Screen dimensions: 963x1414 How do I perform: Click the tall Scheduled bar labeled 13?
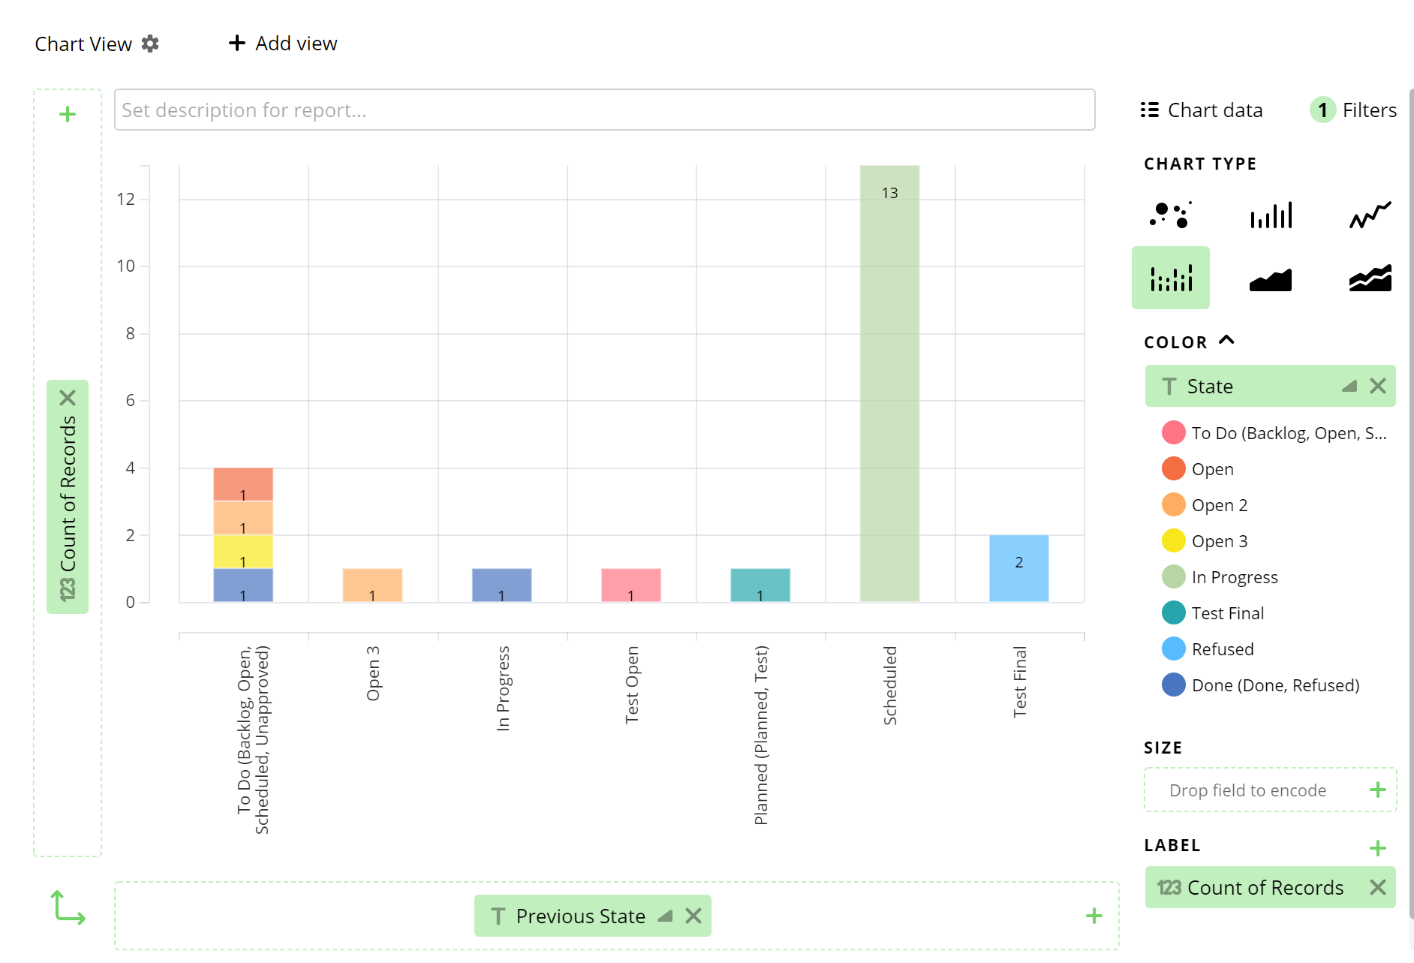click(889, 383)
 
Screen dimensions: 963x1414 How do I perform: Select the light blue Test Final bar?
click(1018, 568)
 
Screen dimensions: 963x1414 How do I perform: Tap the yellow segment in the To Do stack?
click(243, 551)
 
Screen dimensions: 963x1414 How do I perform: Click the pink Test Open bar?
click(630, 585)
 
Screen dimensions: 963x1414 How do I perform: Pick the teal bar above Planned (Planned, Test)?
click(760, 585)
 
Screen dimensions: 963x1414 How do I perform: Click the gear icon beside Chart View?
click(150, 44)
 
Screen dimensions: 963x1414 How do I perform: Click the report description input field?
click(604, 110)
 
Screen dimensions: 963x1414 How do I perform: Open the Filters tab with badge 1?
click(1354, 110)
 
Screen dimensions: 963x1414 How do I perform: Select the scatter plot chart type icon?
click(1170, 215)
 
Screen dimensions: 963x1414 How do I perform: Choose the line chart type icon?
click(1370, 215)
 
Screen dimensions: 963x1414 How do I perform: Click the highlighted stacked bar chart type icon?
click(1170, 278)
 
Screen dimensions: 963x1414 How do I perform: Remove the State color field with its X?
click(1377, 386)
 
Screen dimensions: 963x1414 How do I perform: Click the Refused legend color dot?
click(1173, 649)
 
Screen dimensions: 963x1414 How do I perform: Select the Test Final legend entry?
click(1227, 613)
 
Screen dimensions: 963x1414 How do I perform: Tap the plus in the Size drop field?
click(1377, 790)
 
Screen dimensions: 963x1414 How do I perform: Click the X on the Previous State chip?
click(693, 916)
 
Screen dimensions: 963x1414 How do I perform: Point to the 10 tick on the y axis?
click(126, 266)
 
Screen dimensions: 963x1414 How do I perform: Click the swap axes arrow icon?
click(68, 907)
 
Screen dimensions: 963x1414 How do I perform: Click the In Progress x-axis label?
click(503, 688)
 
